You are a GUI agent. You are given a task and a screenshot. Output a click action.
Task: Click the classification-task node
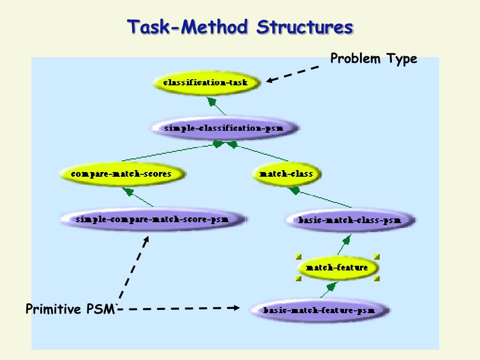tap(207, 82)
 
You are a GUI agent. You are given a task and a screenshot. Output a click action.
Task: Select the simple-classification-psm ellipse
tap(225, 128)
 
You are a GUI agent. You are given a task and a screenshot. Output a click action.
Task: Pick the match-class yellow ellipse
tap(286, 174)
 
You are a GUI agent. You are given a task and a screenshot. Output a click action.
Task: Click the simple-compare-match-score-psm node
tap(154, 219)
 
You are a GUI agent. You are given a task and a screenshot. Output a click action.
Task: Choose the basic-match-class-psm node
tap(350, 220)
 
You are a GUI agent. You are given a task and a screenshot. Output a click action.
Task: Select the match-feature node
tap(337, 268)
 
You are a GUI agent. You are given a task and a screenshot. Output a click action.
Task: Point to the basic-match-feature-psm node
tap(320, 310)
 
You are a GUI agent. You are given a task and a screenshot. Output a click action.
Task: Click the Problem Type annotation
tap(374, 59)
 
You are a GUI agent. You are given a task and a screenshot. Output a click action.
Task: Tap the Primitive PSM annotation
tap(70, 309)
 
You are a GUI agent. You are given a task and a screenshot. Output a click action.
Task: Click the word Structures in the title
tap(305, 27)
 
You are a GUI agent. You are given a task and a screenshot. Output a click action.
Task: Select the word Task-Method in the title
tap(187, 27)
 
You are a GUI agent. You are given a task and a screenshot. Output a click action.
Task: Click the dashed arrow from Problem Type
tap(295, 73)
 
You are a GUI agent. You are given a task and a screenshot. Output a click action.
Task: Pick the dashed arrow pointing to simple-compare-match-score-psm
tap(134, 267)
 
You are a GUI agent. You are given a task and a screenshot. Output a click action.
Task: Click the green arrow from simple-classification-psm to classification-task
tap(216, 106)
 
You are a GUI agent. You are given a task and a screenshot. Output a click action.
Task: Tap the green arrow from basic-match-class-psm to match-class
tap(320, 197)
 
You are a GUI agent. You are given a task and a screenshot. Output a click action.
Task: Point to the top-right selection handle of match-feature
tap(377, 257)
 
